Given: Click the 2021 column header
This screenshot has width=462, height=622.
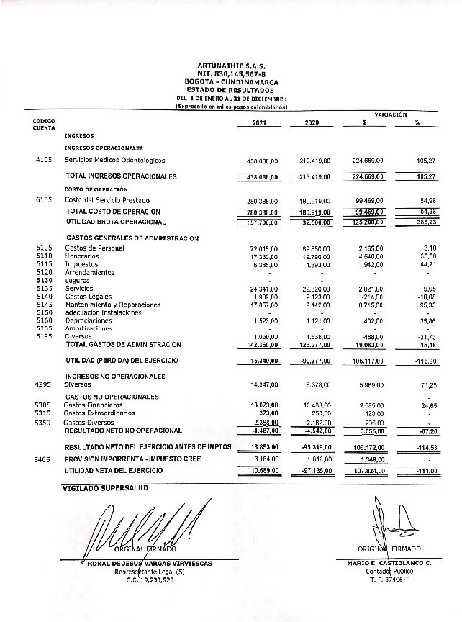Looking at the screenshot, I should (x=259, y=122).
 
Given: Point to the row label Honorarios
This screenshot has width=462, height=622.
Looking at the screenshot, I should (x=83, y=256).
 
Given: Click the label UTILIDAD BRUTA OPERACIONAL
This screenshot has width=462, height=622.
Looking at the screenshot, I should (x=113, y=222).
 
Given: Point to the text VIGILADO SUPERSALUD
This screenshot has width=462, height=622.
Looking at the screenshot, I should (x=104, y=487).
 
